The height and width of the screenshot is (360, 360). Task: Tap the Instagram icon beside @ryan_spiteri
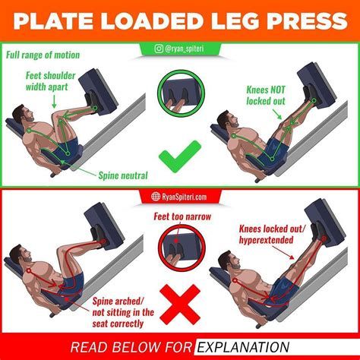click(x=159, y=49)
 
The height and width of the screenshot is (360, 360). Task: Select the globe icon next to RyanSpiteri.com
click(x=156, y=197)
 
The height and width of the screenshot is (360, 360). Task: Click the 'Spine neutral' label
click(x=123, y=175)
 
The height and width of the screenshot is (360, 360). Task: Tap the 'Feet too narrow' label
click(x=182, y=216)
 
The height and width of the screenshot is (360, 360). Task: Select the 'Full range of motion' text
click(x=43, y=55)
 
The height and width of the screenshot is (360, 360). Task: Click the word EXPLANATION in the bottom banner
click(x=243, y=347)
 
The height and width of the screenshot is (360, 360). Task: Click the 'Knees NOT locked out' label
click(x=266, y=96)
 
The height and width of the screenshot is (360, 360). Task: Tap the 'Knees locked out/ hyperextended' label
click(x=272, y=235)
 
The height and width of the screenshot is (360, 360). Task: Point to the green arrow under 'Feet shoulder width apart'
click(x=54, y=103)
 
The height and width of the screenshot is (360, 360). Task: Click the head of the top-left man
click(x=24, y=115)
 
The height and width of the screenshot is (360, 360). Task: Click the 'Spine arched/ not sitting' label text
click(x=123, y=312)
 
